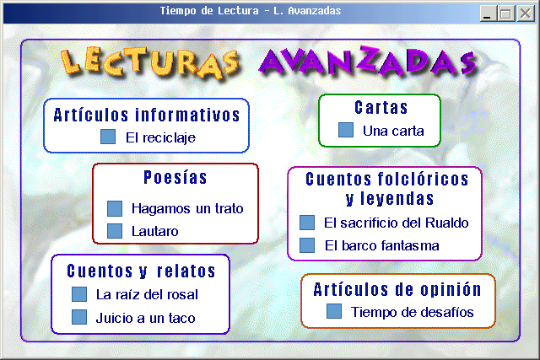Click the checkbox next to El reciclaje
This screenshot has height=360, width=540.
(108, 137)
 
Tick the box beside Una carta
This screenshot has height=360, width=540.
(346, 130)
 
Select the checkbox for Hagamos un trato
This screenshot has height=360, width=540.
(115, 208)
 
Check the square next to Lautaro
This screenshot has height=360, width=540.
(115, 231)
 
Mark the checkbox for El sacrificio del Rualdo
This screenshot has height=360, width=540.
(307, 223)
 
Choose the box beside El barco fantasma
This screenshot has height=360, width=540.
(307, 245)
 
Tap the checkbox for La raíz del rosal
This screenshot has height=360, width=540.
(79, 294)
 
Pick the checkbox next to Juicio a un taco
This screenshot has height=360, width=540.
(79, 317)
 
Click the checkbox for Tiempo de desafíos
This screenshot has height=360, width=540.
(334, 311)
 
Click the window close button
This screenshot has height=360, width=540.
(526, 13)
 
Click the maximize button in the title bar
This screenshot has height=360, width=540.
(506, 13)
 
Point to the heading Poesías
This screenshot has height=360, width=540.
(175, 178)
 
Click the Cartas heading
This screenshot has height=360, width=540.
(381, 107)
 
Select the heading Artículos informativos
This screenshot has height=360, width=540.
(147, 115)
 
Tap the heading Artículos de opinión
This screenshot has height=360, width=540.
(397, 289)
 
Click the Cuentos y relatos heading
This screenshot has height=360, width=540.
(141, 271)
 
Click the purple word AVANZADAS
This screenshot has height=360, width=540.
(368, 62)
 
